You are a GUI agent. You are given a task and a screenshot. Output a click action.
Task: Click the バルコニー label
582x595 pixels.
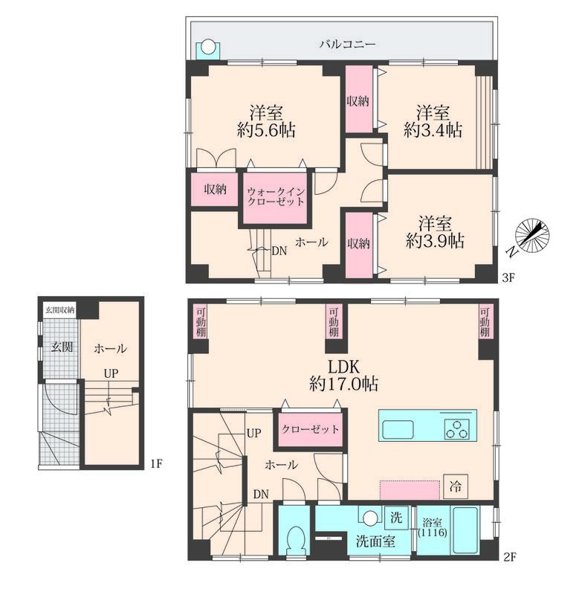[x=347, y=45]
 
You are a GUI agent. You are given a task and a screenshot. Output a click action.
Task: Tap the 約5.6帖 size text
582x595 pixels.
[x=266, y=131]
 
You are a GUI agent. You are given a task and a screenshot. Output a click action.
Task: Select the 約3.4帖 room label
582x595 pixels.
[x=433, y=131]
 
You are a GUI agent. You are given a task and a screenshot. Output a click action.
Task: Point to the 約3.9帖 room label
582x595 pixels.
[x=435, y=240]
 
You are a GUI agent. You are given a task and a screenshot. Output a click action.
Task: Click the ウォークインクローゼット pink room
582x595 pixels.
[x=275, y=198]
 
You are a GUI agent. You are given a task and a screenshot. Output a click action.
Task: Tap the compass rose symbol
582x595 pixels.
[x=532, y=235]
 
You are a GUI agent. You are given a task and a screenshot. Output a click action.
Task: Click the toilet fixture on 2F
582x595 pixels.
[x=294, y=540]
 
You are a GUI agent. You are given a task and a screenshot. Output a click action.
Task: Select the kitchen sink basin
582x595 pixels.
[x=398, y=430]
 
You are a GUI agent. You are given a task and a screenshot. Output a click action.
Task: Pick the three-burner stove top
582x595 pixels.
[x=457, y=429]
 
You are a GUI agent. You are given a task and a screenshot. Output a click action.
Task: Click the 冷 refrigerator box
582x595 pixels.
[x=456, y=486]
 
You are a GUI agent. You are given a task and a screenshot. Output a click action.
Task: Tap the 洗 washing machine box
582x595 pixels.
[x=396, y=517]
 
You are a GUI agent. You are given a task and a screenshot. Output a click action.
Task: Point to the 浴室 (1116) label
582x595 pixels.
[x=433, y=527]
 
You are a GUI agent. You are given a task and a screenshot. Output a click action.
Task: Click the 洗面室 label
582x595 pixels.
[x=375, y=541]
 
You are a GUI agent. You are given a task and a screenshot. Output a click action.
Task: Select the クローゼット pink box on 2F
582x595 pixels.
[x=310, y=430]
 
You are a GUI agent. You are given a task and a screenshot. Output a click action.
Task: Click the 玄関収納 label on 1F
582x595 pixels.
[x=59, y=310]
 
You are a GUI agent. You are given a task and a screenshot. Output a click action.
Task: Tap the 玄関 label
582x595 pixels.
[x=62, y=347]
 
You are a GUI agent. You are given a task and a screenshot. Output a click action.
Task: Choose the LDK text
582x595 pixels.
[x=343, y=367]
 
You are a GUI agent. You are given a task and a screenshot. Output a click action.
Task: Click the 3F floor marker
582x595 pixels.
[x=508, y=278]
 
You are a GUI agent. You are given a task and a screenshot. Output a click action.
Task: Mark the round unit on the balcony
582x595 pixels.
[x=207, y=48]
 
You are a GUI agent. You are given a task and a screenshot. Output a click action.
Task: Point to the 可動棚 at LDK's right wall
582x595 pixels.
[x=485, y=322]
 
